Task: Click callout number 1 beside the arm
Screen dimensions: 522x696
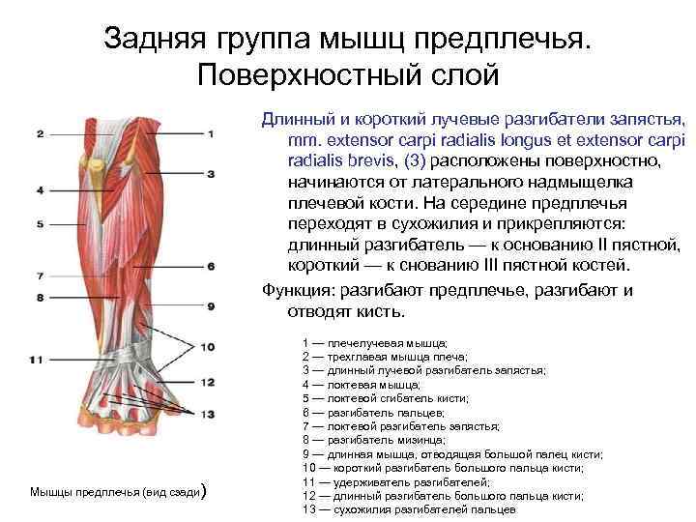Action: (210, 133)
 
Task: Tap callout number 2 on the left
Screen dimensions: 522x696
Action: (40, 133)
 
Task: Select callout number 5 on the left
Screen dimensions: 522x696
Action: (40, 224)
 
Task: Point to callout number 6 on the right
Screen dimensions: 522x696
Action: (210, 266)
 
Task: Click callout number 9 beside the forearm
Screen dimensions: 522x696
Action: (210, 306)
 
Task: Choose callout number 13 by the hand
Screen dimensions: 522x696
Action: (208, 414)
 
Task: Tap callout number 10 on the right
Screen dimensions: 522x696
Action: (208, 347)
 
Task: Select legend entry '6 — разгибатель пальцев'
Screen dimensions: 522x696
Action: (373, 412)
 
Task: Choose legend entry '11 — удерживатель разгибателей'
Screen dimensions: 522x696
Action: (395, 480)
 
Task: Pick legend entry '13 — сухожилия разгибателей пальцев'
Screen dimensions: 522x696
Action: (407, 508)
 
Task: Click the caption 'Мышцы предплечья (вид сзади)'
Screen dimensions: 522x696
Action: (117, 492)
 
